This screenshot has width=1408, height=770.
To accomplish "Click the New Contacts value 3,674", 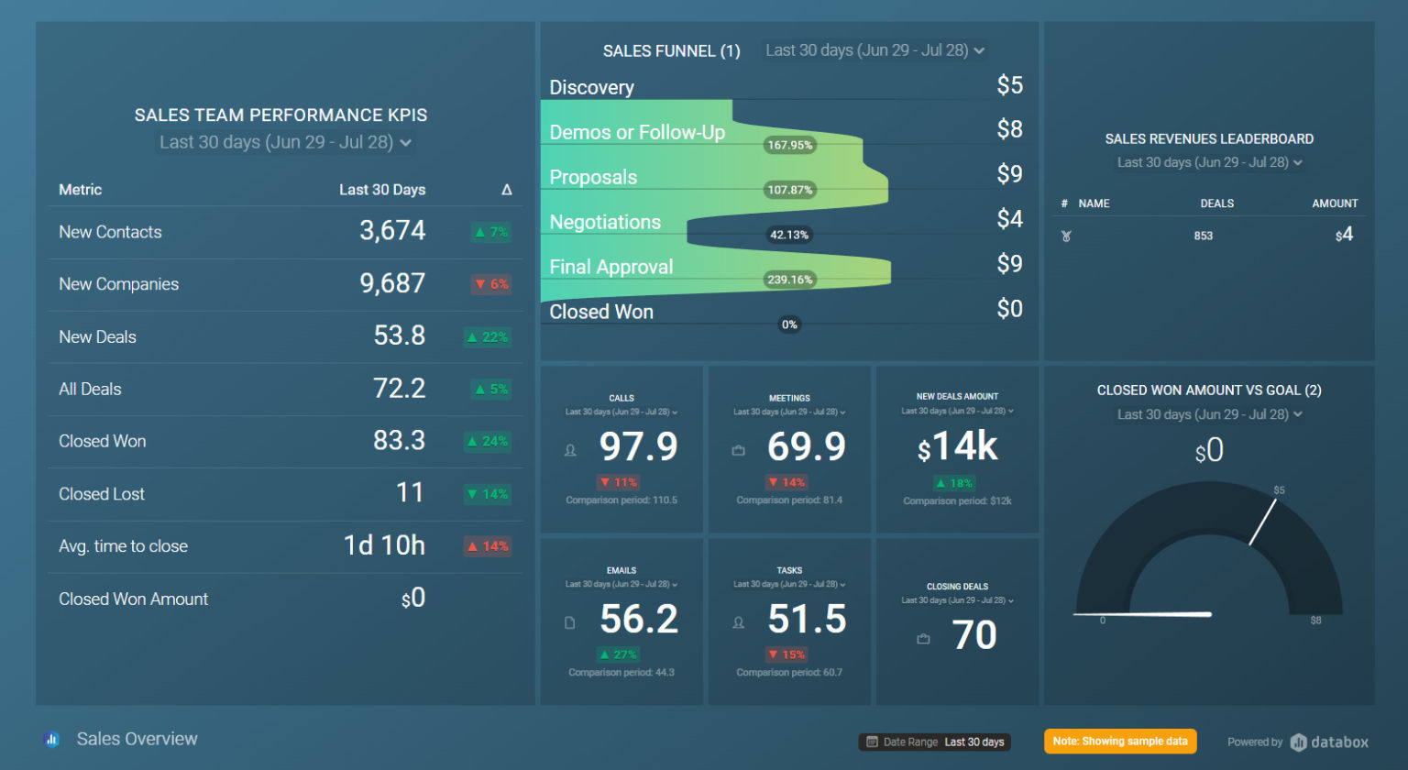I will (392, 230).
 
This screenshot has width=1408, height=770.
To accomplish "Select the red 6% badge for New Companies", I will (492, 284).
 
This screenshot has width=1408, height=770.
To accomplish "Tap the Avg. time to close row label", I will (123, 546).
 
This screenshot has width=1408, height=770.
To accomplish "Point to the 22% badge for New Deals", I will (488, 337).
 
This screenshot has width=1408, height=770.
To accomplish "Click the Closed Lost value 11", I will (410, 493).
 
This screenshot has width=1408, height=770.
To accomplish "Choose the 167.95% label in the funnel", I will (789, 145).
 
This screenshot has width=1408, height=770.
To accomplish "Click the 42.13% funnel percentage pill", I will (788, 235).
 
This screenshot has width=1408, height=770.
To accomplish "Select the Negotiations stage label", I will (605, 222).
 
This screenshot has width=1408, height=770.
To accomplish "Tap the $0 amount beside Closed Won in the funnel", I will (1009, 309).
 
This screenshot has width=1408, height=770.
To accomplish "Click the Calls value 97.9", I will (638, 446).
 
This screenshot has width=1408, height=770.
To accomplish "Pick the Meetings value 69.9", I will (806, 446).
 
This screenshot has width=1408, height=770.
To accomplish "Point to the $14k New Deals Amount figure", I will (958, 446).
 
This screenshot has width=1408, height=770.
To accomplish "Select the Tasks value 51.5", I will (806, 619).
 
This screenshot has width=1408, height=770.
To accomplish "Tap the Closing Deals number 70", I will (973, 635).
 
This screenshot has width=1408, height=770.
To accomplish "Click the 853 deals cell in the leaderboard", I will (1203, 236).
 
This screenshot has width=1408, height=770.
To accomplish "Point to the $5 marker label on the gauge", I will (1279, 490).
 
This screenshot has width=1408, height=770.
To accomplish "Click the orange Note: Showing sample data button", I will (1119, 742).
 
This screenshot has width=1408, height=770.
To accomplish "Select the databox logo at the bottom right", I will (1329, 742).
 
